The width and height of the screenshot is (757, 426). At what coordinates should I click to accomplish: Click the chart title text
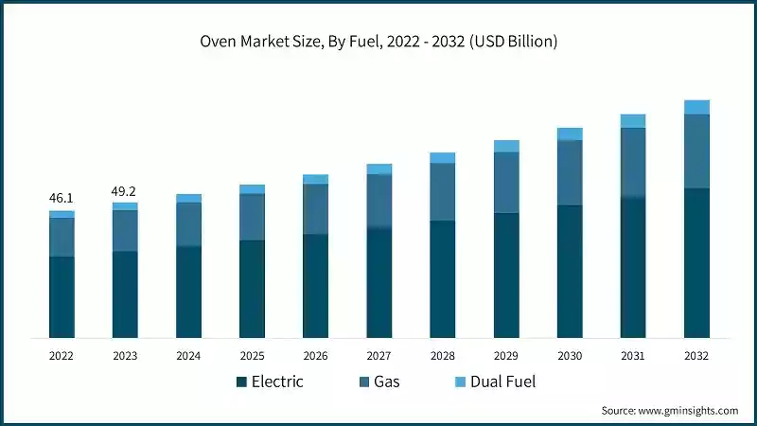tap(378, 41)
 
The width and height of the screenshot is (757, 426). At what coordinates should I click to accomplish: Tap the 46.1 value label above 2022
tap(62, 198)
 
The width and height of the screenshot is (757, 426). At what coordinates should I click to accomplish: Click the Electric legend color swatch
tap(242, 382)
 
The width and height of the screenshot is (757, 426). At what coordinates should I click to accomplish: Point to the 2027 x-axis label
tap(378, 355)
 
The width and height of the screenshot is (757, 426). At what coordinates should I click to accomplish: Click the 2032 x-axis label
tap(696, 355)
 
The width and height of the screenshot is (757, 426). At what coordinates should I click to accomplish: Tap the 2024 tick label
tap(188, 355)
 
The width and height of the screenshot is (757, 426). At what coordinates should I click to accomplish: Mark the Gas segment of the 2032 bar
tap(696, 151)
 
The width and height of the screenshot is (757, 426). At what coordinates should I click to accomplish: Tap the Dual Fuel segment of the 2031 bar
tap(633, 121)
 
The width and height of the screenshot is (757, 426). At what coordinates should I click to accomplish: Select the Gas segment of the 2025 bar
tap(252, 217)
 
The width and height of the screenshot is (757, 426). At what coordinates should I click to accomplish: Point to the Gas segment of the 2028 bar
tap(442, 192)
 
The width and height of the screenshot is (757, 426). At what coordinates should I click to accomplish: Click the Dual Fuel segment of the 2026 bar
tap(315, 179)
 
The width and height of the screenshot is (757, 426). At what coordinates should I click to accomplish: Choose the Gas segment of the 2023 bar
tap(125, 230)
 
